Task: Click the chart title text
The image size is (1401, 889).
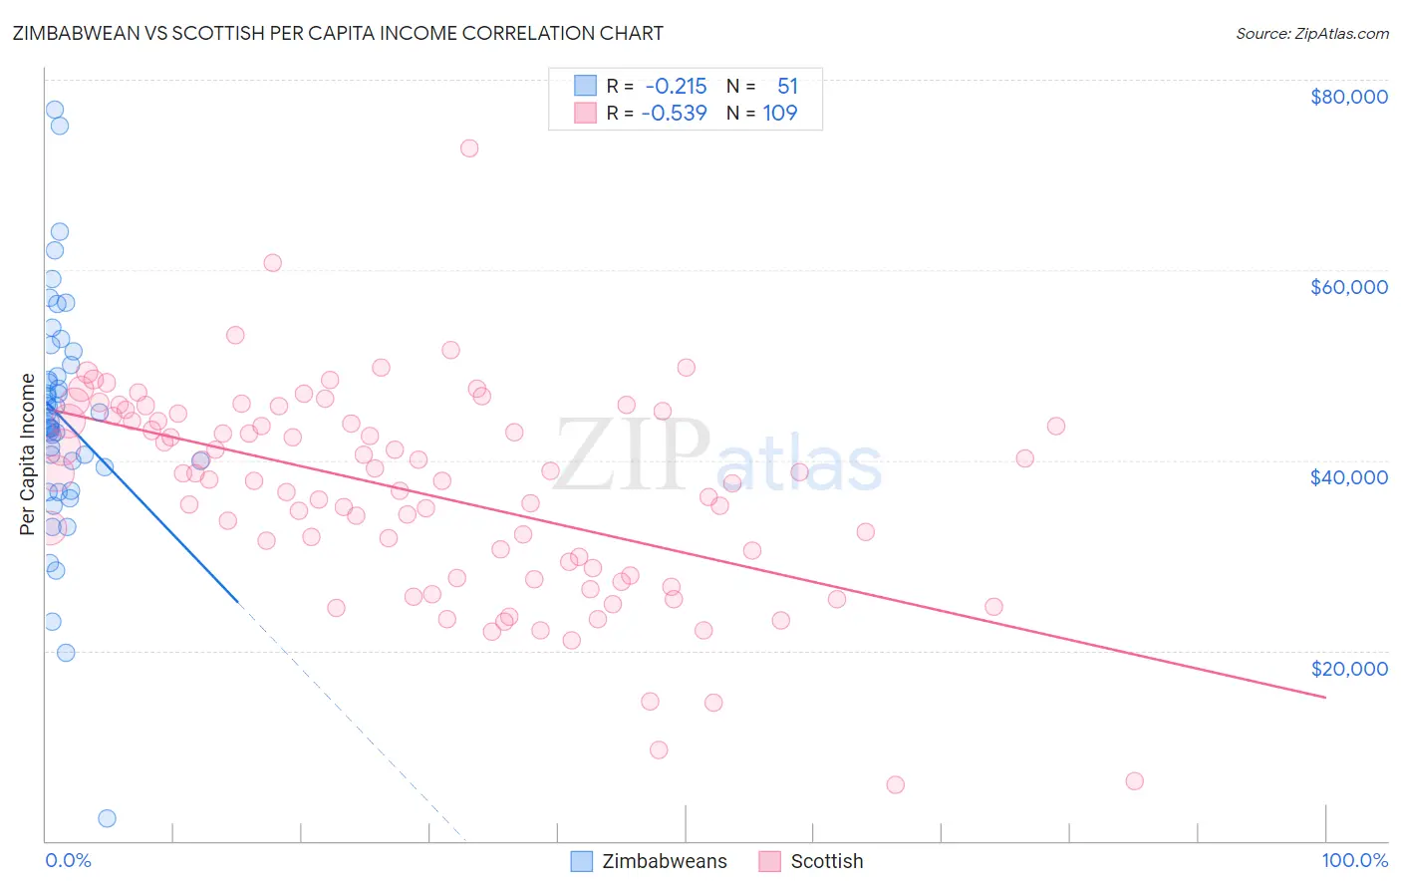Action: pyautogui.click(x=339, y=33)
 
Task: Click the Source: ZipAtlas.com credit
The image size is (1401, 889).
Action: pyautogui.click(x=1311, y=34)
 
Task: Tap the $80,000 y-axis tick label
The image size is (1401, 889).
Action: pyautogui.click(x=1348, y=97)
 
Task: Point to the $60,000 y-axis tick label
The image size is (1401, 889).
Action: pyautogui.click(x=1348, y=287)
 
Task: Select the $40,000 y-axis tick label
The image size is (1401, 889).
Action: pyautogui.click(x=1348, y=477)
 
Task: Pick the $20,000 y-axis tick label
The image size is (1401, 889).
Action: pyautogui.click(x=1348, y=669)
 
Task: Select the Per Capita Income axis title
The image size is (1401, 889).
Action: pyautogui.click(x=28, y=453)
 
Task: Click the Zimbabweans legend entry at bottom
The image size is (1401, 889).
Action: pyautogui.click(x=664, y=862)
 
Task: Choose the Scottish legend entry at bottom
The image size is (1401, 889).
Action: pyautogui.click(x=826, y=862)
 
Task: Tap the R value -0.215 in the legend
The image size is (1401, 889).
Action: pyautogui.click(x=676, y=87)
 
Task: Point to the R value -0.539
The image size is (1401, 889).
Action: pyautogui.click(x=674, y=114)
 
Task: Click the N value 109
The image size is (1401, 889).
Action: pyautogui.click(x=780, y=114)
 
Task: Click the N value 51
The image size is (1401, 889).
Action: pyautogui.click(x=787, y=87)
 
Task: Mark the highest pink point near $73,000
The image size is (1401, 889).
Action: pyautogui.click(x=469, y=148)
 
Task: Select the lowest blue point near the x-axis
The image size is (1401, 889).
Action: pyautogui.click(x=107, y=818)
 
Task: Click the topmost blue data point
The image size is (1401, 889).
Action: pyautogui.click(x=55, y=110)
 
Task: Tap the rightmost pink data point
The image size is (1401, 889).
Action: pyautogui.click(x=1134, y=781)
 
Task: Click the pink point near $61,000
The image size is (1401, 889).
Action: pyautogui.click(x=272, y=263)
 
